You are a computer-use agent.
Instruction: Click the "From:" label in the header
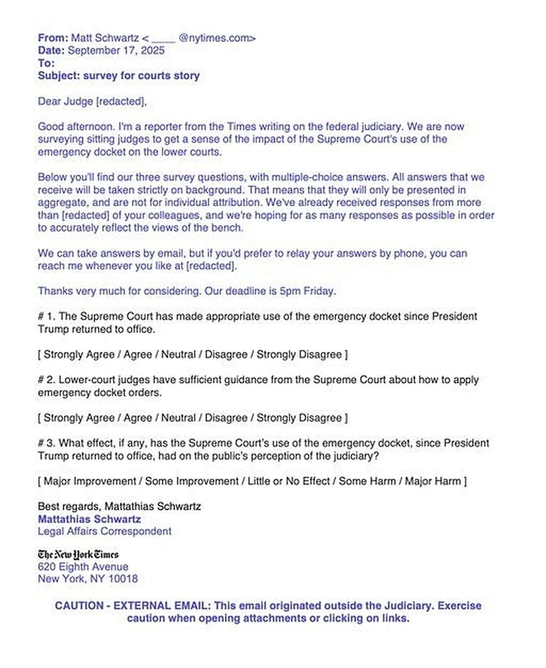53,38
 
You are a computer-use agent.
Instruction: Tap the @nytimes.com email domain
217,38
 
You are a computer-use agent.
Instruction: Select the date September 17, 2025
116,50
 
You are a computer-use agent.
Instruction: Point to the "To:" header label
46,63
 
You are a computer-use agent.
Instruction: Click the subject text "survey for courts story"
141,76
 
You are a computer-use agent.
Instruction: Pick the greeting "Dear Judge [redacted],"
92,101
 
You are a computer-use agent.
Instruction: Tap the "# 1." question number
46,316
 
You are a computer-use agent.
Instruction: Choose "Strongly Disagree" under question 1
299,355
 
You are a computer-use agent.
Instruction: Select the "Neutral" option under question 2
178,418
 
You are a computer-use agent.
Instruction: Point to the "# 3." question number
46,443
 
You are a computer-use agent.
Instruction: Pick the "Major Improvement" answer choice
90,481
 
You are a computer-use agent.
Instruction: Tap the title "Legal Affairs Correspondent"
105,531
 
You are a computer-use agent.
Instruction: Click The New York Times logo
78,555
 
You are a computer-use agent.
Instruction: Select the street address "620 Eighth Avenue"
83,567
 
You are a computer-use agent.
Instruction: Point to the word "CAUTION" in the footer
79,606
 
